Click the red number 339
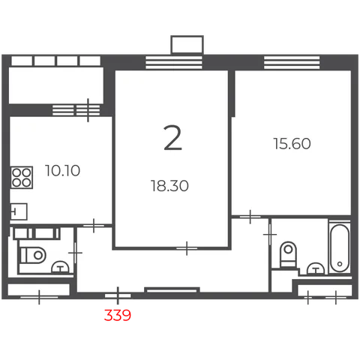(x=118, y=315)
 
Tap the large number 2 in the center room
(x=172, y=138)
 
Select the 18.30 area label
(x=169, y=186)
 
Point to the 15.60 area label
(x=292, y=144)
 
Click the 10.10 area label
(x=62, y=171)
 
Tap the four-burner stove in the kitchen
(x=22, y=178)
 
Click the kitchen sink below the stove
(x=19, y=211)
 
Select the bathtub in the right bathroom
(x=340, y=247)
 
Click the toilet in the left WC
(x=33, y=255)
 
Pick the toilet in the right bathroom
(x=288, y=254)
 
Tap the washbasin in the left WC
(x=60, y=267)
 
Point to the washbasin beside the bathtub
(x=316, y=268)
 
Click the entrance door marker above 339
(x=118, y=295)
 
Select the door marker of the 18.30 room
(x=187, y=248)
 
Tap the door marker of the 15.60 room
(x=250, y=217)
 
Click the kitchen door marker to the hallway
(x=94, y=226)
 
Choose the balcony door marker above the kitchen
(x=88, y=110)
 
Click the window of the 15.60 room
(x=292, y=62)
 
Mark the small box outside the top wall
(x=187, y=45)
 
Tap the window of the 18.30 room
(x=174, y=62)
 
